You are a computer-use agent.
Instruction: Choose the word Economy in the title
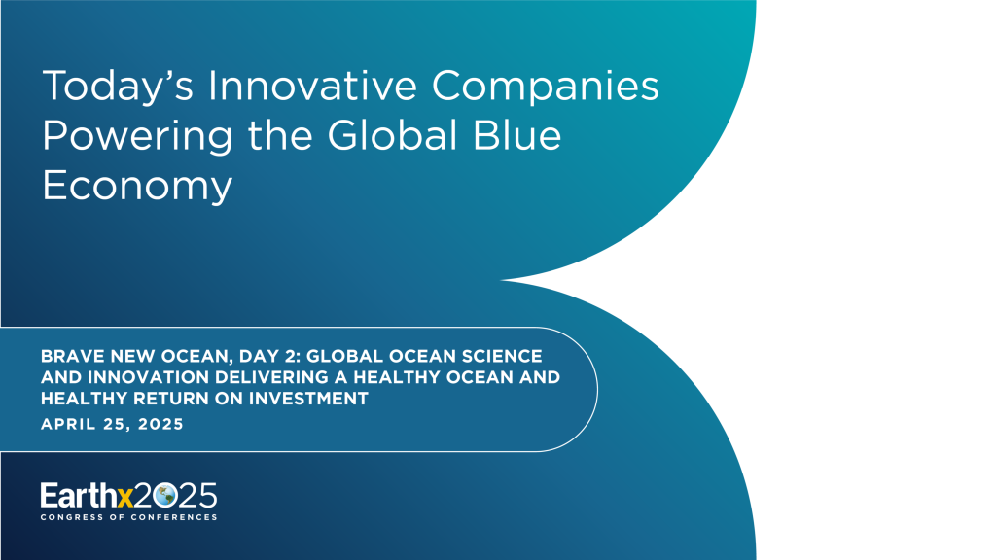(x=137, y=186)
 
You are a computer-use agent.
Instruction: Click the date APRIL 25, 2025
(x=112, y=424)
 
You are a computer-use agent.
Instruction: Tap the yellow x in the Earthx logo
(x=124, y=496)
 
